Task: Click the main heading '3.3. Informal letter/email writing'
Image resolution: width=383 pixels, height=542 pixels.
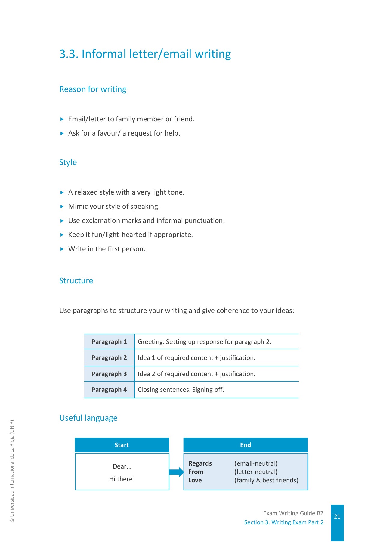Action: click(x=145, y=54)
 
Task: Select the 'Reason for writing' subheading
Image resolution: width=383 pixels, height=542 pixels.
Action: click(x=93, y=89)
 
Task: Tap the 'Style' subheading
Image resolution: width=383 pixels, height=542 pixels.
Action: click(x=68, y=162)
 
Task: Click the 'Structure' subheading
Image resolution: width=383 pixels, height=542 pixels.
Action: click(x=76, y=281)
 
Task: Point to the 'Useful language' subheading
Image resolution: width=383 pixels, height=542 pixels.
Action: click(x=88, y=418)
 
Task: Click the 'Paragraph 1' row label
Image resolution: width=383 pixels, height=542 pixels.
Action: click(x=109, y=342)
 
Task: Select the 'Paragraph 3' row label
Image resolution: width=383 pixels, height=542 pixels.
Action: click(x=109, y=374)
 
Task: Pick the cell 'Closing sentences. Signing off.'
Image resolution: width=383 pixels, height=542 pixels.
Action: click(x=181, y=390)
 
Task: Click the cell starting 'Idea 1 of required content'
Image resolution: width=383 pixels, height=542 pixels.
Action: click(x=196, y=358)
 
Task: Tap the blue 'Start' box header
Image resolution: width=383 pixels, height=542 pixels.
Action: click(x=122, y=445)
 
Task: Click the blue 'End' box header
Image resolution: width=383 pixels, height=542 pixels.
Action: click(x=246, y=445)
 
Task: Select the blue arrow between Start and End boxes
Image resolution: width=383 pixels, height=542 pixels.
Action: click(x=176, y=472)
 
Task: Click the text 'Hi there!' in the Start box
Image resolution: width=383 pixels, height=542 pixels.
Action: click(x=122, y=479)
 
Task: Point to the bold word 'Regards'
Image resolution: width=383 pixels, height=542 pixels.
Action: click(x=200, y=463)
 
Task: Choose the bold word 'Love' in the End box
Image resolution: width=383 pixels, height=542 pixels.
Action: click(x=195, y=480)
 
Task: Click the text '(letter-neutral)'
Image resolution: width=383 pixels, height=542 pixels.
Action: click(x=256, y=472)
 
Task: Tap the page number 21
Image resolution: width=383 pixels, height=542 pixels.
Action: click(x=337, y=517)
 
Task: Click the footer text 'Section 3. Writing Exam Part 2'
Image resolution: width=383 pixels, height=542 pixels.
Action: click(x=284, y=522)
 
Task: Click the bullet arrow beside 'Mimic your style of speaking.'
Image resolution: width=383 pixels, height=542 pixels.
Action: click(x=62, y=207)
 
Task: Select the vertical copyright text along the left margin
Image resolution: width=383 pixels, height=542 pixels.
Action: click(x=12, y=471)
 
